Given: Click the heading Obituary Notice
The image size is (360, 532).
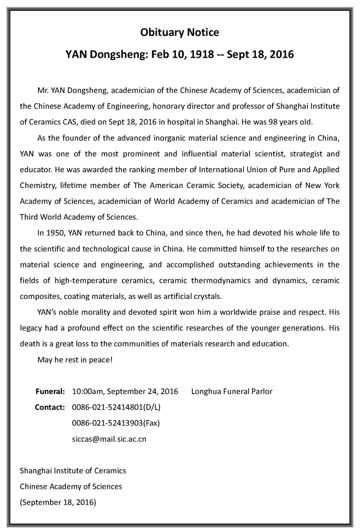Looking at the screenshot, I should pos(179,32).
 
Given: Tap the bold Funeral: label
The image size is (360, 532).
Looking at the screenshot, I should pos(50,391).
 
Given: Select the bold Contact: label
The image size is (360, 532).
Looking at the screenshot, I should pos(49,407).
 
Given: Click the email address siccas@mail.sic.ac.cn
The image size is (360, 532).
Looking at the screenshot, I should pos(109,439).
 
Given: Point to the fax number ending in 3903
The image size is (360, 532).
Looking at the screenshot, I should pos(116,423).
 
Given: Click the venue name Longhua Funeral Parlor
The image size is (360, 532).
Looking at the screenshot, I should pos(231,391).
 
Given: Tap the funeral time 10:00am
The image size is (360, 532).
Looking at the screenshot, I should pos(87,391).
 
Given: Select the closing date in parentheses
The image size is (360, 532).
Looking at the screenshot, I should pos(58,501).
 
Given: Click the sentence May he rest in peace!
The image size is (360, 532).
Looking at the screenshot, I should pos(75,359).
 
